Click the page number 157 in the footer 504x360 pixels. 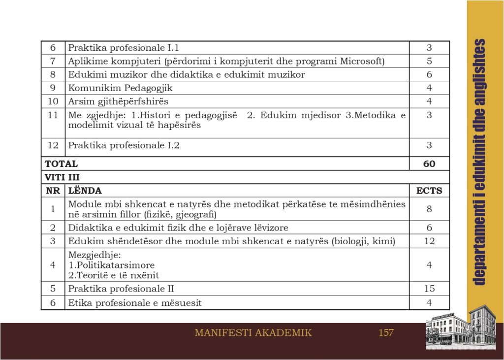pyautogui.click(x=386, y=333)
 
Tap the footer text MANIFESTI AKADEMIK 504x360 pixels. pyautogui.click(x=253, y=333)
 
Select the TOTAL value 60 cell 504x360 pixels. pyautogui.click(x=429, y=164)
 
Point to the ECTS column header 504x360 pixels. pyautogui.click(x=429, y=191)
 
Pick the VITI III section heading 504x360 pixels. pyautogui.click(x=62, y=177)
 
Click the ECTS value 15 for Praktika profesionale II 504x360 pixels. pyautogui.click(x=429, y=289)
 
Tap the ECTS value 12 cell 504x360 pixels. pyautogui.click(x=429, y=241)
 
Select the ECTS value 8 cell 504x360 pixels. pyautogui.click(x=429, y=209)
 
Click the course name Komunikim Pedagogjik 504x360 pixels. pyautogui.click(x=121, y=88)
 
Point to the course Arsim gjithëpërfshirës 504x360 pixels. pyautogui.click(x=118, y=101)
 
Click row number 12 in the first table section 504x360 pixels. pyautogui.click(x=53, y=145)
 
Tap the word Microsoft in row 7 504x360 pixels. pyautogui.click(x=363, y=61)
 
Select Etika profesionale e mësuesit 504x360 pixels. pyautogui.click(x=135, y=303)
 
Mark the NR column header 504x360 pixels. pyautogui.click(x=53, y=191)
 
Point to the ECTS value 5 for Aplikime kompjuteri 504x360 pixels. pyautogui.click(x=429, y=61)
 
